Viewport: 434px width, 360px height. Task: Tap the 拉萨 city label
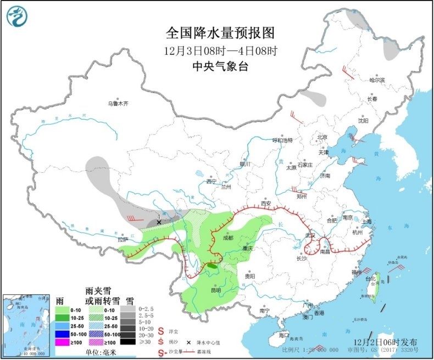point(122,239)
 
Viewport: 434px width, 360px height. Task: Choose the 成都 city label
point(228,238)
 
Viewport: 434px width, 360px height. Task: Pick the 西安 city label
point(266,203)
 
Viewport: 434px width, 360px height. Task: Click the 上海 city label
point(366,222)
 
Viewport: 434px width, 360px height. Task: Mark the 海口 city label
point(283,334)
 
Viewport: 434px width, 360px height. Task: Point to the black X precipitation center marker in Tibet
point(159,222)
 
